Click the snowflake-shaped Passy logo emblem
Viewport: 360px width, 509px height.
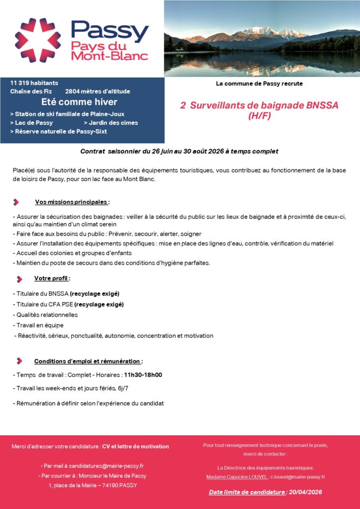38,40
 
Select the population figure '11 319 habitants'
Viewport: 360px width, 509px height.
34,83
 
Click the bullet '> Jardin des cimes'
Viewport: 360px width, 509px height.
110,123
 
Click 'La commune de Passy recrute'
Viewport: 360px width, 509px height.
259,84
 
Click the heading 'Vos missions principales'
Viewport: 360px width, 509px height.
72,202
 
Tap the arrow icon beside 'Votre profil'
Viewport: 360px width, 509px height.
19,279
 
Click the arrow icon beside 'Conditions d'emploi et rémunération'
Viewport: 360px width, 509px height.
19,361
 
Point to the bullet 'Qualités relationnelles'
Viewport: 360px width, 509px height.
46,315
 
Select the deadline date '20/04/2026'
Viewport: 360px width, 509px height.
305,492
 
